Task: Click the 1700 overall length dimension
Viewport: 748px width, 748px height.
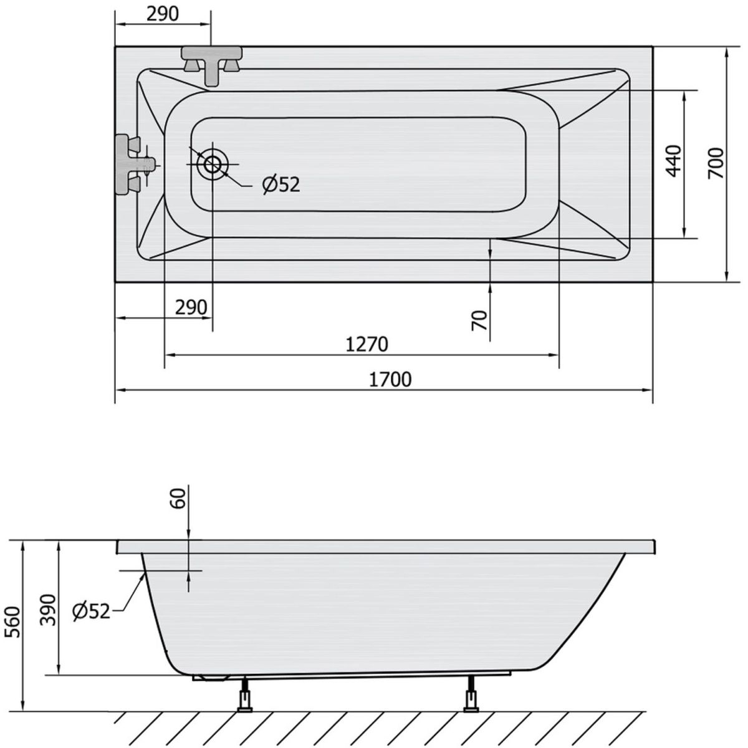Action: (x=390, y=380)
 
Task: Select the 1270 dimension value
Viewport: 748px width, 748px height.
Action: (x=367, y=344)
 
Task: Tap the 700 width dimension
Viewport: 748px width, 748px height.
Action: (x=716, y=163)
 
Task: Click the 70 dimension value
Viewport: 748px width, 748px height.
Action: (x=480, y=320)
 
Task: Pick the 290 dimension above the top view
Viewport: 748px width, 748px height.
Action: (x=163, y=14)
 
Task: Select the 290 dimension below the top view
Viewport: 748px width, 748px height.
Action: (x=191, y=307)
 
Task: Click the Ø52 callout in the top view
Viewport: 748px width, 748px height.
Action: (x=281, y=185)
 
